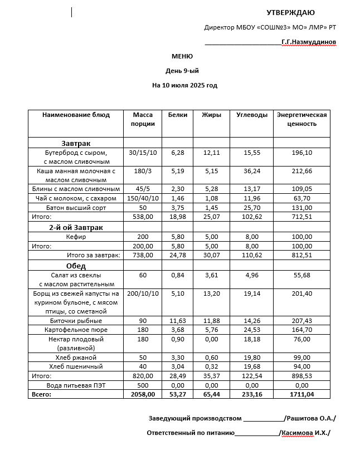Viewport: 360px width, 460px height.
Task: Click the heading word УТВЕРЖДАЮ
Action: (290, 12)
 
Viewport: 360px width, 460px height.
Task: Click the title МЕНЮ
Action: (182, 56)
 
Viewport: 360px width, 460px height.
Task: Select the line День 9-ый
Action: (182, 71)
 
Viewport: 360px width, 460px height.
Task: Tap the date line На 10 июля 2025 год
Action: (184, 85)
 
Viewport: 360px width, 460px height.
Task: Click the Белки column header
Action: (177, 115)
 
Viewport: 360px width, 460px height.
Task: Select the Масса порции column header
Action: (143, 119)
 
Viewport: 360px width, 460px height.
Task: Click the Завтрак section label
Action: (76, 143)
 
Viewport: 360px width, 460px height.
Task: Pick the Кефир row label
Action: (76, 237)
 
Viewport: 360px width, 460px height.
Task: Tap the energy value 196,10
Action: (301, 152)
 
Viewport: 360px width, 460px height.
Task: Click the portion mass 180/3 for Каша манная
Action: (143, 171)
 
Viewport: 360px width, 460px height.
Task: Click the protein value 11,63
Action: (177, 321)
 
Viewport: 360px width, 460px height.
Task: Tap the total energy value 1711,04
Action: (301, 394)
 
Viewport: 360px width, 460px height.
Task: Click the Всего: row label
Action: (41, 394)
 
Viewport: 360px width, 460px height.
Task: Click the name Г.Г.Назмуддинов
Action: (309, 42)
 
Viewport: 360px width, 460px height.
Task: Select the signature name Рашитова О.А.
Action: (310, 418)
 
